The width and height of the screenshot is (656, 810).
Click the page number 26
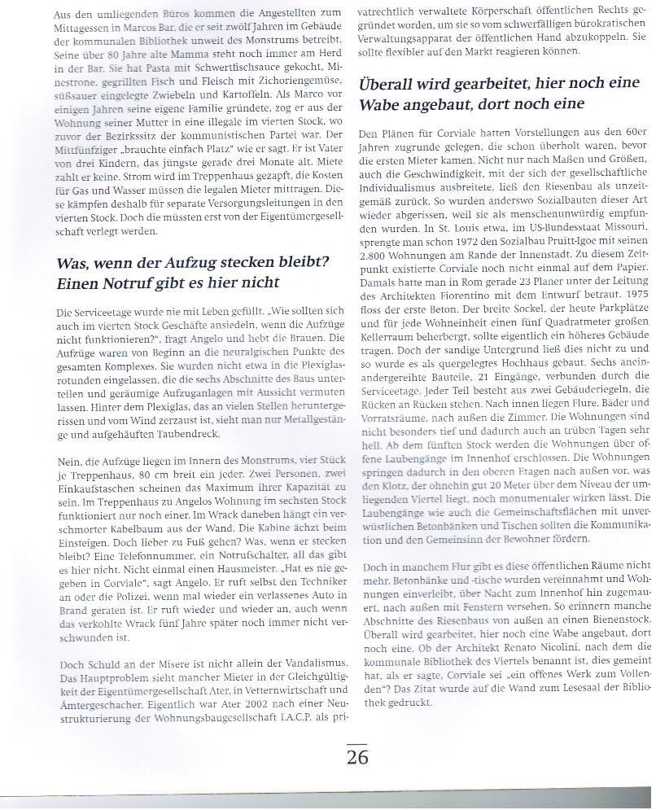357,756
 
